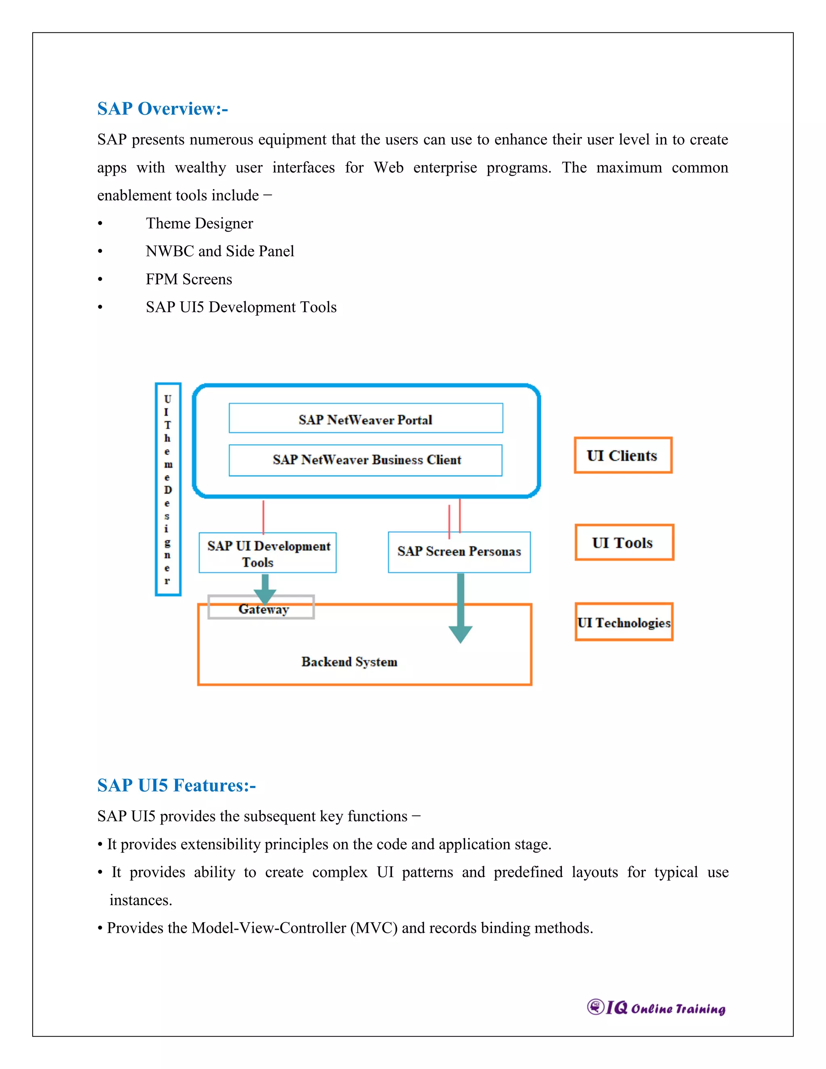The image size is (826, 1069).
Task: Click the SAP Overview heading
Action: pyautogui.click(x=163, y=109)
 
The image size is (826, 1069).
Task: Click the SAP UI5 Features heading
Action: pyautogui.click(x=176, y=785)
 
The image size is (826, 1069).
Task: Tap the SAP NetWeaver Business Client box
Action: pyautogui.click(x=365, y=460)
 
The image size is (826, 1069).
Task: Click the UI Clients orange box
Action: pyautogui.click(x=622, y=455)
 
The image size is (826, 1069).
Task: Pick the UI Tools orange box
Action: pyautogui.click(x=624, y=542)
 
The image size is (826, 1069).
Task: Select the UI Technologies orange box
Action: pyautogui.click(x=624, y=622)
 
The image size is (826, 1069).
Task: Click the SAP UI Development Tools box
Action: pyautogui.click(x=268, y=553)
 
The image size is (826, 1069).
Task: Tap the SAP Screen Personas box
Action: pyautogui.click(x=459, y=552)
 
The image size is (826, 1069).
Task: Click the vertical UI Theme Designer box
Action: pyautogui.click(x=168, y=489)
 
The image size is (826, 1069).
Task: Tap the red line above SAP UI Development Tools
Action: pyautogui.click(x=263, y=516)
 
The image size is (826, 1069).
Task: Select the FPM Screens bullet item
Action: pyautogui.click(x=189, y=279)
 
